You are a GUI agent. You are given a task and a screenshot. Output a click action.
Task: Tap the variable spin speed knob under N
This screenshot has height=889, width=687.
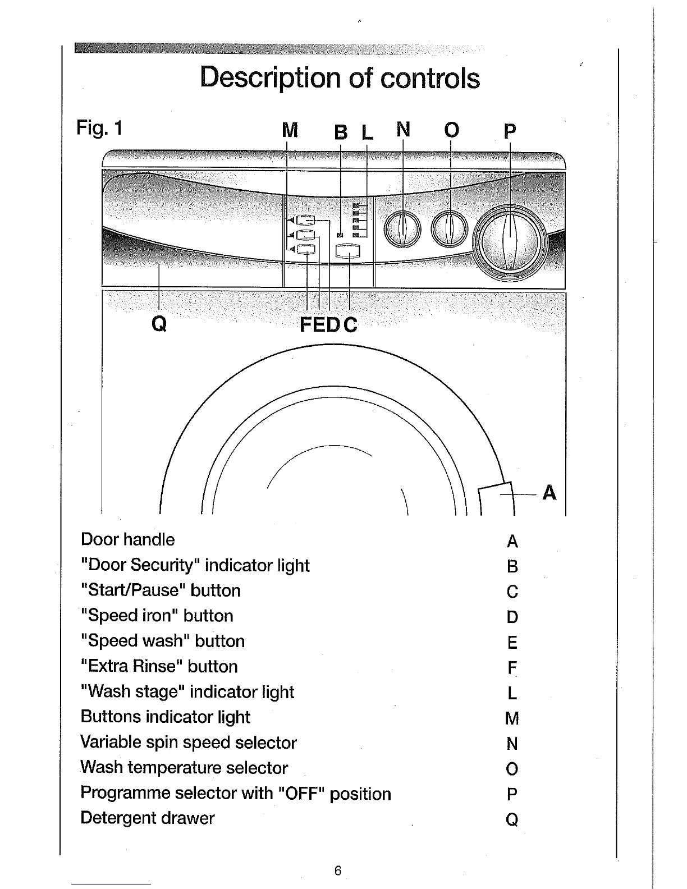pyautogui.click(x=402, y=228)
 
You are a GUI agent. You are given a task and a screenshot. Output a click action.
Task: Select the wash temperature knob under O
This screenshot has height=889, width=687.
pyautogui.click(x=450, y=228)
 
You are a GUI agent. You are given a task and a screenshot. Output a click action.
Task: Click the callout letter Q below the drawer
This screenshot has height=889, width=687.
pyautogui.click(x=159, y=324)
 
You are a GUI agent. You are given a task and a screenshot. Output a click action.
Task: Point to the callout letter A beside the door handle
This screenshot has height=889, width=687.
pyautogui.click(x=549, y=492)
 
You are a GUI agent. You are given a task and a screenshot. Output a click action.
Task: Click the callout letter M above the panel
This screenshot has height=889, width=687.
pyautogui.click(x=289, y=131)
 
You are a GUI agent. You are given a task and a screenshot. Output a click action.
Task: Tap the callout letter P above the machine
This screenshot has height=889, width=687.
pyautogui.click(x=510, y=131)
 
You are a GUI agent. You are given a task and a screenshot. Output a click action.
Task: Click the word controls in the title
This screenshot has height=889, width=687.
pyautogui.click(x=430, y=78)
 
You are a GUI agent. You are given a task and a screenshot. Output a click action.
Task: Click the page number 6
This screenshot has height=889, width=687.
pyautogui.click(x=337, y=870)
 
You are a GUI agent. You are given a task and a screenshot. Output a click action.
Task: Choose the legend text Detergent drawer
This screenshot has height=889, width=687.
pyautogui.click(x=148, y=818)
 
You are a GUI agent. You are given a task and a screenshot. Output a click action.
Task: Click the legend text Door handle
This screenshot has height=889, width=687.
pyautogui.click(x=128, y=539)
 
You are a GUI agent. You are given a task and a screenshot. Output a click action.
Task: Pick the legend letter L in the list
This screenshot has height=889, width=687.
pyautogui.click(x=511, y=693)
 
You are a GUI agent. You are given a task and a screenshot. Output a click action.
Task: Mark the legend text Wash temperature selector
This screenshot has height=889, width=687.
pyautogui.click(x=184, y=767)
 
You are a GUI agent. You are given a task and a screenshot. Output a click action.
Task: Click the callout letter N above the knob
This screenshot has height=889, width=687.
pyautogui.click(x=403, y=130)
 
